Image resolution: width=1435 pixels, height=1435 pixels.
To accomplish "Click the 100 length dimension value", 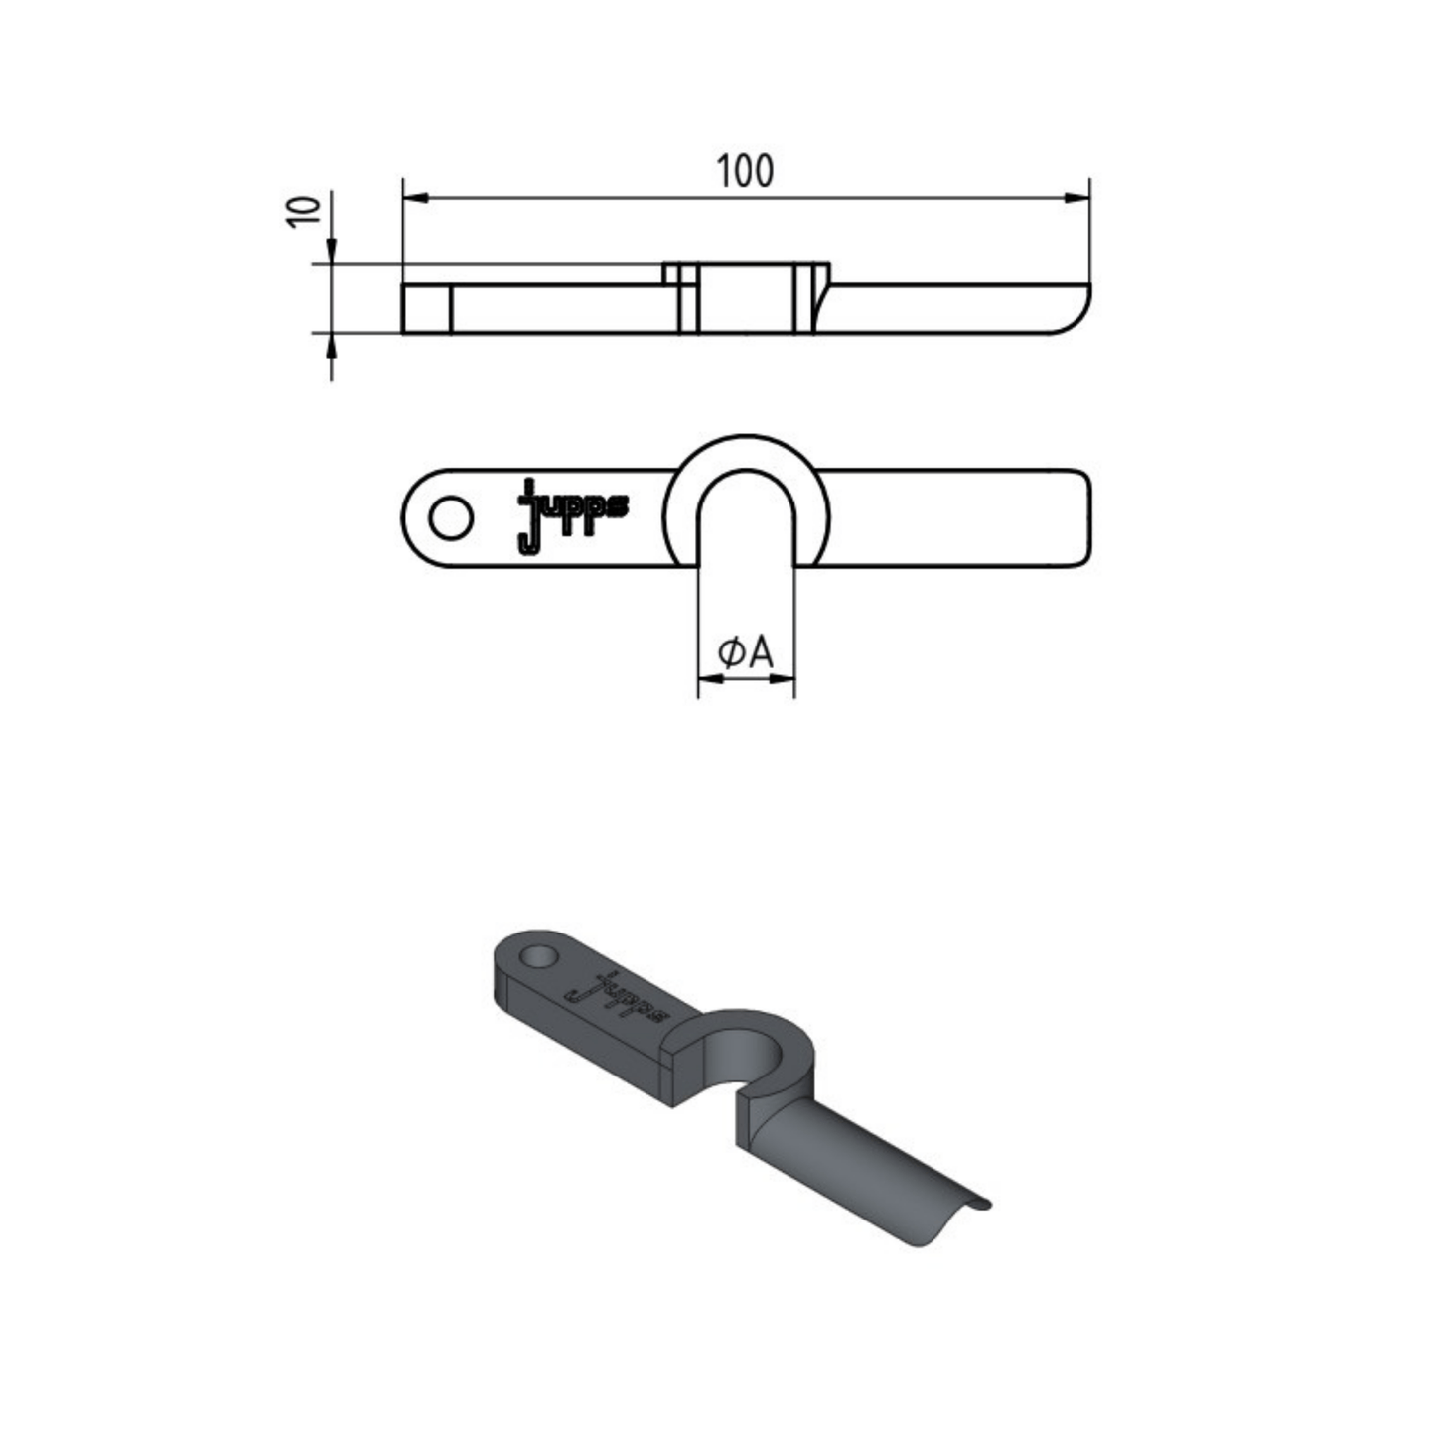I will pyautogui.click(x=745, y=171).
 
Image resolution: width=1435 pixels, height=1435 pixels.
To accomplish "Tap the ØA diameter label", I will pyautogui.click(x=746, y=652).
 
